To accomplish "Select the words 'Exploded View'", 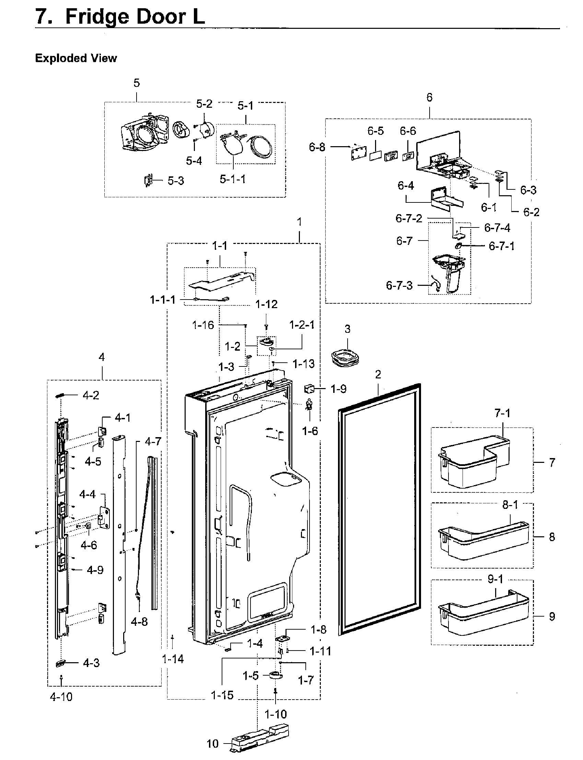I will (75, 58).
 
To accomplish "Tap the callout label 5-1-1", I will (233, 179).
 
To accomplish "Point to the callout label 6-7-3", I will (399, 285).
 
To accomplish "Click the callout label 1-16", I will (203, 325).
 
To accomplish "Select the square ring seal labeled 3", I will (345, 358).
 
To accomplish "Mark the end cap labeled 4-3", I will (60, 663).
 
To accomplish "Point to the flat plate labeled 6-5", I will (375, 155).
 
